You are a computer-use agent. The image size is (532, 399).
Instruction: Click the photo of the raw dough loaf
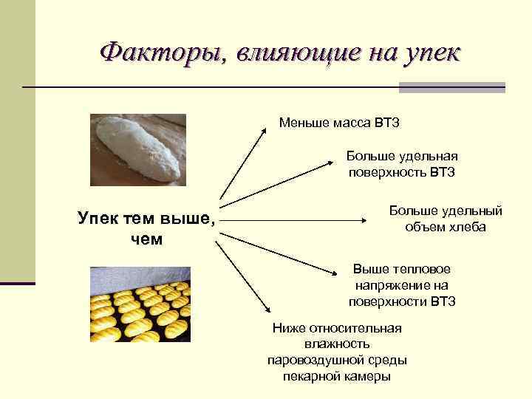pos(137,149)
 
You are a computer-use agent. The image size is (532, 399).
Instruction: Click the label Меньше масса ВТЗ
pos(339,122)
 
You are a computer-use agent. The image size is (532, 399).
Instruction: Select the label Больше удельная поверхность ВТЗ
pos(403,165)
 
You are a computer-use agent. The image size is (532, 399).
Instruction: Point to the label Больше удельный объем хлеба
pos(446,219)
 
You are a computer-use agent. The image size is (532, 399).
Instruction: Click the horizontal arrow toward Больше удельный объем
pos(296,219)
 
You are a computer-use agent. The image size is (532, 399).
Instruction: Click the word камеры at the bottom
pos(366,376)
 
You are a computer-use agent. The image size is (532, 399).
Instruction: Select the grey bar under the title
pos(451,87)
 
